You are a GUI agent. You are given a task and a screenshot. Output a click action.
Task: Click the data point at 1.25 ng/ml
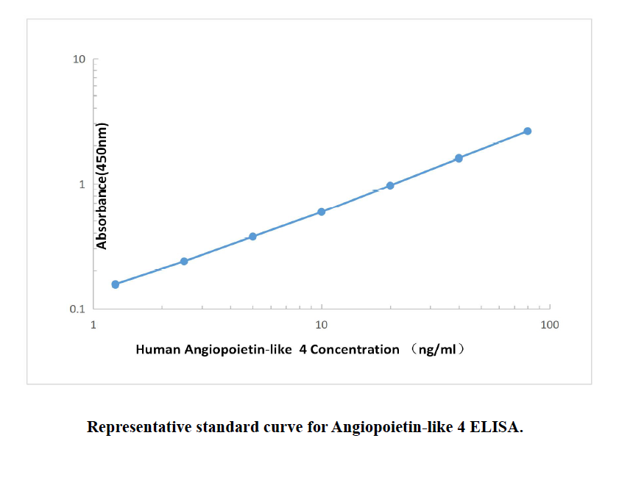coord(115,284)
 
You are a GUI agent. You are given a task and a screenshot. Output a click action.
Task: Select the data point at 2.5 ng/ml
coord(184,261)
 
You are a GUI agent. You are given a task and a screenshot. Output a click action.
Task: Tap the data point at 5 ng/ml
coord(252,236)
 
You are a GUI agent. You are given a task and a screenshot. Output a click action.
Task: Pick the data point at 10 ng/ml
coord(322,212)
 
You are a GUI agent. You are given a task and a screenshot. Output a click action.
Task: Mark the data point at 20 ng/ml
coord(390,185)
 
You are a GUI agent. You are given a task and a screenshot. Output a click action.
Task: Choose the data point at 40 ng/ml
coord(459,158)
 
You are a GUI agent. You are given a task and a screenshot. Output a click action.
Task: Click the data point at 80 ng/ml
coord(528,131)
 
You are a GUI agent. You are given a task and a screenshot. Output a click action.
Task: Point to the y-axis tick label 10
coord(79,59)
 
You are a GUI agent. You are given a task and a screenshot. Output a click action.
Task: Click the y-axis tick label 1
coord(82,184)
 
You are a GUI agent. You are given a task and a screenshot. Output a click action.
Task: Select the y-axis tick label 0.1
coord(77,309)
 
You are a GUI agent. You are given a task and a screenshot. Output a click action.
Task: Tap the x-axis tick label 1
coord(93,325)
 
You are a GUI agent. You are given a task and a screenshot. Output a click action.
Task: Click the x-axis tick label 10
coord(322,325)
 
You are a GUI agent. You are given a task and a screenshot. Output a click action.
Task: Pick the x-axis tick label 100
coord(549,325)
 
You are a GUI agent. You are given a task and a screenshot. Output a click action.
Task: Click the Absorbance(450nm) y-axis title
coord(103,186)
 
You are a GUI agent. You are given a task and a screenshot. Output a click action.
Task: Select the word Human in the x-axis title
coord(156,350)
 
